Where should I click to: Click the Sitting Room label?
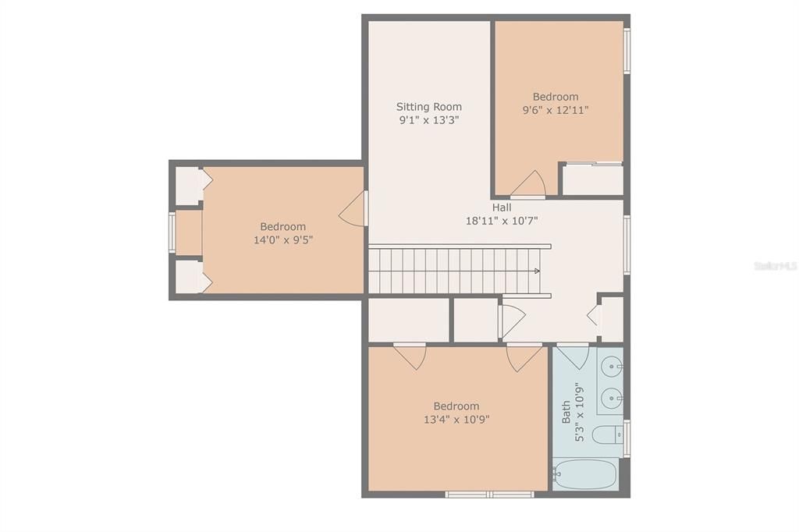(428, 107)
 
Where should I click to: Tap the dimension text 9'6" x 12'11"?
(556, 111)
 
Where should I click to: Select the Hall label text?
(502, 207)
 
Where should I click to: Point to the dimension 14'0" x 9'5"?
(282, 240)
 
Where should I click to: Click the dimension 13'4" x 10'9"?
(456, 420)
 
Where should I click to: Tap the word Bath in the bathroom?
(566, 412)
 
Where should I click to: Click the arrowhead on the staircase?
(536, 271)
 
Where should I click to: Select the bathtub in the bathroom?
(585, 473)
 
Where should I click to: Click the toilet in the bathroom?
(606, 434)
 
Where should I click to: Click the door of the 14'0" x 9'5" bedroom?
(353, 209)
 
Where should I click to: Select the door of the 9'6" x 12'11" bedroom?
(529, 184)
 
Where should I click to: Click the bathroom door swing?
(573, 356)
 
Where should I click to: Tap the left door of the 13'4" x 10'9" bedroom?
(410, 356)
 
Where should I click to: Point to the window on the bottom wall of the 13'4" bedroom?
(489, 494)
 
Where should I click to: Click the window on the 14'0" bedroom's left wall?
(172, 232)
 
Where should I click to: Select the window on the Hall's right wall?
(627, 245)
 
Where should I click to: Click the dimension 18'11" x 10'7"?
(502, 221)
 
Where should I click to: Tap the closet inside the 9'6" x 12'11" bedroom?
(592, 179)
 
